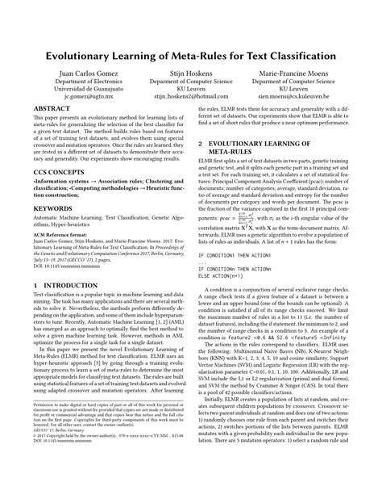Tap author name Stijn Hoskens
[190, 72]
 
